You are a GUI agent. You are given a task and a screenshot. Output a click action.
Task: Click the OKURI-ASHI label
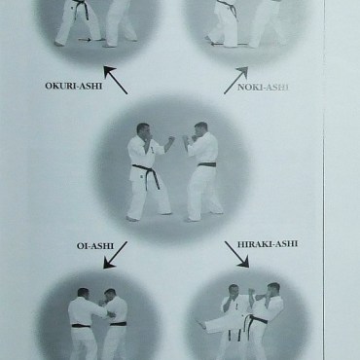tap(74, 86)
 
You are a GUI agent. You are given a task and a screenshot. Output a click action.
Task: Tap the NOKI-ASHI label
tap(263, 88)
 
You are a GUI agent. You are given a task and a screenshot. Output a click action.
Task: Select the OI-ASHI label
tap(95, 246)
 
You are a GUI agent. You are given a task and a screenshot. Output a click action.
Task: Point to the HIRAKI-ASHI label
tap(268, 244)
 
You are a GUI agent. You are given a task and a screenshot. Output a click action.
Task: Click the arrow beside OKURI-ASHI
tap(116, 80)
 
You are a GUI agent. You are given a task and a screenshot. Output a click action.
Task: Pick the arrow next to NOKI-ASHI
tap(235, 81)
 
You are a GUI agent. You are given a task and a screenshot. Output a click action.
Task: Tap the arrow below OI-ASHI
tap(115, 255)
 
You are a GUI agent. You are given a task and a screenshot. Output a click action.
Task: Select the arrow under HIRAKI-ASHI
tap(236, 254)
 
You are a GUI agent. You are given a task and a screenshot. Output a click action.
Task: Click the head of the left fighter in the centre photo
tap(143, 130)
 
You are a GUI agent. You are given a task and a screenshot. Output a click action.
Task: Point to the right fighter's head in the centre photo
tap(200, 129)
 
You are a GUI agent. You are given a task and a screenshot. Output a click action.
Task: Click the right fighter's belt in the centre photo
tap(207, 164)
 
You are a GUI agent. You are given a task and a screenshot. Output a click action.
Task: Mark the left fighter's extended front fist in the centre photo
tap(171, 139)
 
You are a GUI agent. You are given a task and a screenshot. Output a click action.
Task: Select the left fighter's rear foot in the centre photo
tap(132, 219)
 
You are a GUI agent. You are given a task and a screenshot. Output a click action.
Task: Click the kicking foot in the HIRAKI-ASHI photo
tap(202, 325)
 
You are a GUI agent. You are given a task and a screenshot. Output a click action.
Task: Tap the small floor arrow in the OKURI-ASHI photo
tap(85, 40)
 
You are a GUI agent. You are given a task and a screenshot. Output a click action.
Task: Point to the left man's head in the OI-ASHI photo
tap(83, 293)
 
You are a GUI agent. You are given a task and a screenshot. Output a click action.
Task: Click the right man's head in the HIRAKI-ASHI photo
tap(273, 290)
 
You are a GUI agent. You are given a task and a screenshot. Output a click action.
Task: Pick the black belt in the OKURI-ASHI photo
tap(82, 9)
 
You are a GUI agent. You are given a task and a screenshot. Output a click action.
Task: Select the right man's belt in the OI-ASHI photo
tap(118, 324)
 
